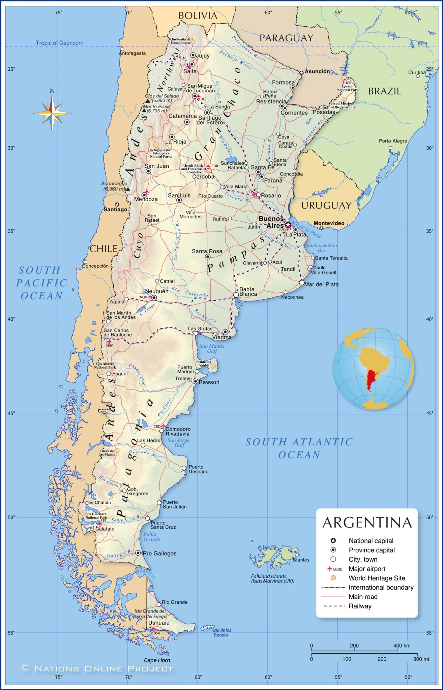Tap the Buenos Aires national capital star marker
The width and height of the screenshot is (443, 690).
288,224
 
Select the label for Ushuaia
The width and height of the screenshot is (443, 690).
159,623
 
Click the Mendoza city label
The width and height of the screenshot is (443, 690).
146,199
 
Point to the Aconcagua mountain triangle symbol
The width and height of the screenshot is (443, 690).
128,189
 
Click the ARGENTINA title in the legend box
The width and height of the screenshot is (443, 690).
367,523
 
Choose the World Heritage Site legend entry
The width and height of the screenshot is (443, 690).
377,578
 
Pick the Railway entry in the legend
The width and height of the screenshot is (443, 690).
360,606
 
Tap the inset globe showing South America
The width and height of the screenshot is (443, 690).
373,369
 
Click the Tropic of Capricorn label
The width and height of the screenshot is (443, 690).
59,43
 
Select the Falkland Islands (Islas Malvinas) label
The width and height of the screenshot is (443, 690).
272,578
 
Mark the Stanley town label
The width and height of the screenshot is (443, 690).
301,560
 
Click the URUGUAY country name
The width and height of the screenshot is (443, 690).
326,206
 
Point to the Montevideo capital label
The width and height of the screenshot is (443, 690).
329,223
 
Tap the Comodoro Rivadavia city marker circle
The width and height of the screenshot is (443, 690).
162,431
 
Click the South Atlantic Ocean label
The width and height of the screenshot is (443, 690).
299,448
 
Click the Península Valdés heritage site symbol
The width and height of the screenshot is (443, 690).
213,366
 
